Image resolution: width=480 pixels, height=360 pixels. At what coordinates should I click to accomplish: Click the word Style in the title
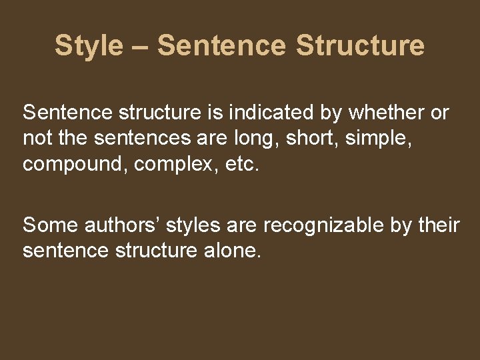tap(89, 46)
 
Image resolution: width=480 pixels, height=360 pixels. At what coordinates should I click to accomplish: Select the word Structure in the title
tap(360, 46)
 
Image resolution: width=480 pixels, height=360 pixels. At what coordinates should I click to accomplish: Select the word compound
tap(74, 165)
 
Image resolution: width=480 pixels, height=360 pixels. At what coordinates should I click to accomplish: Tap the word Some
tap(51, 226)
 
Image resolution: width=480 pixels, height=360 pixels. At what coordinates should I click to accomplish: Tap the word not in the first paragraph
tap(35, 139)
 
